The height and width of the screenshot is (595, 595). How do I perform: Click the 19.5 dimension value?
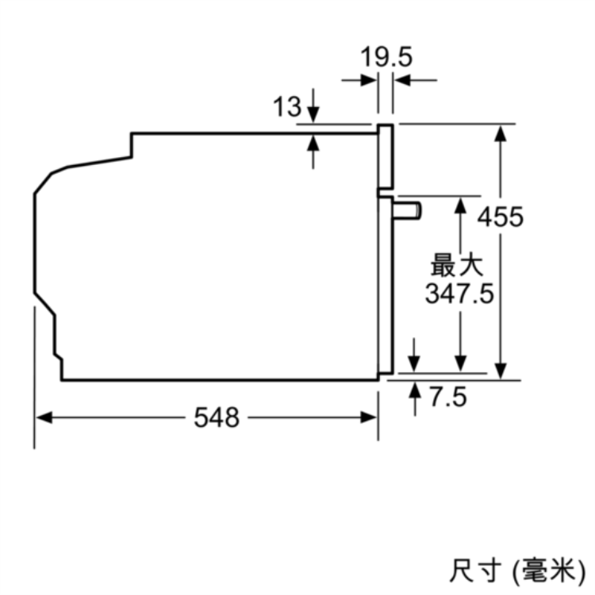click(x=386, y=57)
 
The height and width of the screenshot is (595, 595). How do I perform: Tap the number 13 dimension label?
click(x=287, y=106)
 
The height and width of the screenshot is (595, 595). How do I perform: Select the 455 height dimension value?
click(x=500, y=217)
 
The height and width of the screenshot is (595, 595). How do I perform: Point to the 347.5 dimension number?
click(x=459, y=294)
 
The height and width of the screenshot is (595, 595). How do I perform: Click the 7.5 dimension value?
click(x=448, y=397)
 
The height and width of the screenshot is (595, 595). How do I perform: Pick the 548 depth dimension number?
click(x=217, y=417)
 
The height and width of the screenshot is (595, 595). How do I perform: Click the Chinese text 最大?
click(x=457, y=265)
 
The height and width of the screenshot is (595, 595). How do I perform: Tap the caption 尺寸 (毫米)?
click(x=517, y=570)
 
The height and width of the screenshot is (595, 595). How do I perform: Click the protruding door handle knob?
click(x=407, y=210)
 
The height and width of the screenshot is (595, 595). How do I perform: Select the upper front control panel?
click(x=386, y=156)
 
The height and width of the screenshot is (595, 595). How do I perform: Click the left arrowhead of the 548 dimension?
click(x=44, y=417)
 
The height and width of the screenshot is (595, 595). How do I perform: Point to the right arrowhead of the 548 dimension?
click(x=368, y=417)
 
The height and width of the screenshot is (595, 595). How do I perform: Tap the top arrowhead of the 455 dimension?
click(x=501, y=133)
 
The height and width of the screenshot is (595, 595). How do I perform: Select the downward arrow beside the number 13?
click(x=313, y=106)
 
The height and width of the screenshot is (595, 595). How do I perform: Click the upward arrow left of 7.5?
click(x=415, y=399)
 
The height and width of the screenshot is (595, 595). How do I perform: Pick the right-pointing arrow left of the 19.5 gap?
click(x=359, y=80)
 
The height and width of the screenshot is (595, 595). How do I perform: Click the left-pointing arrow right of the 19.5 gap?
click(x=416, y=80)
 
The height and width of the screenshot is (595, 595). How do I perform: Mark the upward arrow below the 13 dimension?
click(x=313, y=152)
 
